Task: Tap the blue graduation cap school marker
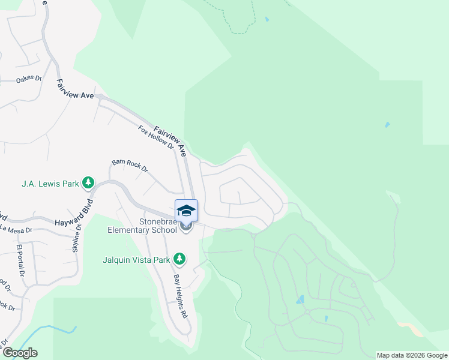pyautogui.click(x=186, y=211)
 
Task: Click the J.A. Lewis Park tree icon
pyautogui.click(x=88, y=182)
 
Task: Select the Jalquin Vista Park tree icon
pyautogui.click(x=179, y=259)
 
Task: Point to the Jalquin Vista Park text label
pyautogui.click(x=137, y=259)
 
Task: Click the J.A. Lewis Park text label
pyautogui.click(x=50, y=182)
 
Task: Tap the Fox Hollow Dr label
pyautogui.click(x=155, y=137)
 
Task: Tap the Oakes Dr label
pyautogui.click(x=28, y=79)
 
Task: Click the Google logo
pyautogui.click(x=19, y=353)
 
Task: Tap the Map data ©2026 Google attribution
pyautogui.click(x=412, y=355)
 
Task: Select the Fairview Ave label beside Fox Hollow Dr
pyautogui.click(x=170, y=141)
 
